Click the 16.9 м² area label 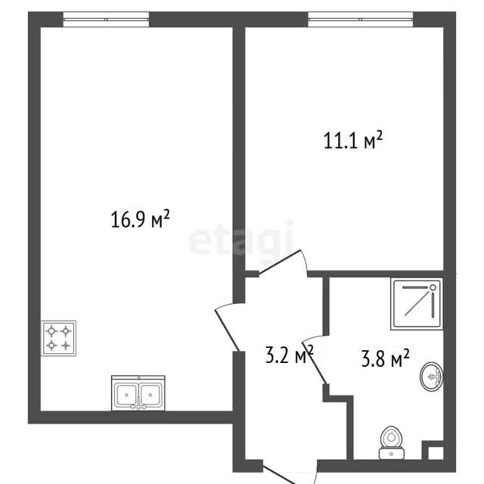tap(140, 219)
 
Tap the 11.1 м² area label tap(353, 140)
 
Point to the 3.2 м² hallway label tap(289, 354)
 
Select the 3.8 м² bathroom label tap(385, 358)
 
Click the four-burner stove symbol tap(59, 338)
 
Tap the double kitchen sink tap(138, 393)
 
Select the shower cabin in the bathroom tap(417, 304)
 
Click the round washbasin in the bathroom tap(432, 377)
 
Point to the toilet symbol tap(392, 442)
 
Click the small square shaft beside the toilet tap(436, 453)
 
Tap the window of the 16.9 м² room tap(106, 19)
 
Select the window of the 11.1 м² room tap(361, 19)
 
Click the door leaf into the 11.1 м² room tap(280, 262)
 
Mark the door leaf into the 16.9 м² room tap(227, 330)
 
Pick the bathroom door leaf tap(314, 362)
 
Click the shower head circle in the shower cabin tap(433, 287)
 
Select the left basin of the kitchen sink tap(126, 395)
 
